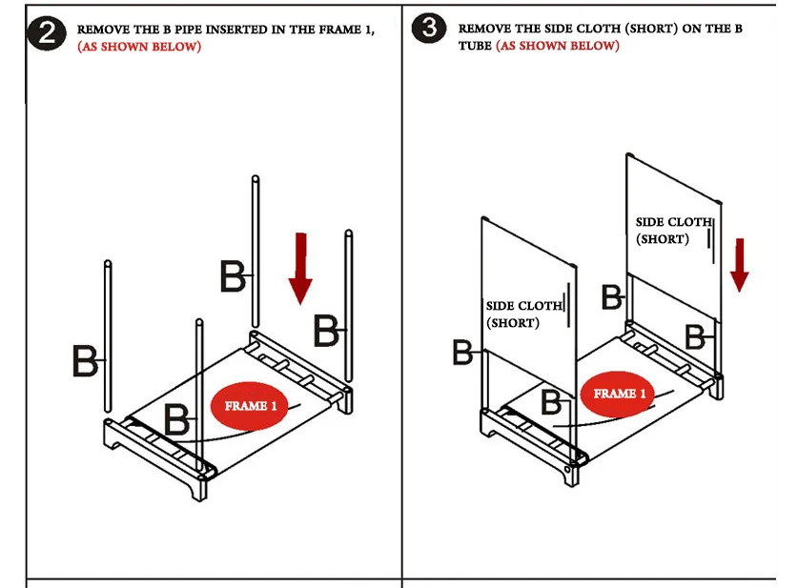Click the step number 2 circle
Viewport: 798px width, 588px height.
coord(47,33)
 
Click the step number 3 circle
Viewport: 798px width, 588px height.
coord(429,28)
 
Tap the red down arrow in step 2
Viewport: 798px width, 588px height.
coord(300,269)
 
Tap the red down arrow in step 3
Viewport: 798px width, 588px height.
coord(740,265)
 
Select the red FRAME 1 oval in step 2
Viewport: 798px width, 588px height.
coord(250,405)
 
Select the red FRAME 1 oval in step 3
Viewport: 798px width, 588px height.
coord(619,394)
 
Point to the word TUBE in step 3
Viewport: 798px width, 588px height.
coord(475,46)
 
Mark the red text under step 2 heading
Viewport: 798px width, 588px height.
coord(139,47)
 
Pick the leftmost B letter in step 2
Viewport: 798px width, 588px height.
coord(85,360)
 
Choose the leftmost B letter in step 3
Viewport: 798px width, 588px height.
coord(462,353)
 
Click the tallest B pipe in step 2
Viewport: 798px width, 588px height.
coord(256,252)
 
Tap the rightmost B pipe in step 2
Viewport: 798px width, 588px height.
coord(349,306)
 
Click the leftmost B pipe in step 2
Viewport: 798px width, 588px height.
coord(108,336)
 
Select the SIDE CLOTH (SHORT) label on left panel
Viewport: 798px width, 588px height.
coord(524,314)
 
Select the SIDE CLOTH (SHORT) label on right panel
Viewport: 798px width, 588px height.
coord(674,231)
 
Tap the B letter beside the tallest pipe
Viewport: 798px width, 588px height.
coord(233,276)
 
